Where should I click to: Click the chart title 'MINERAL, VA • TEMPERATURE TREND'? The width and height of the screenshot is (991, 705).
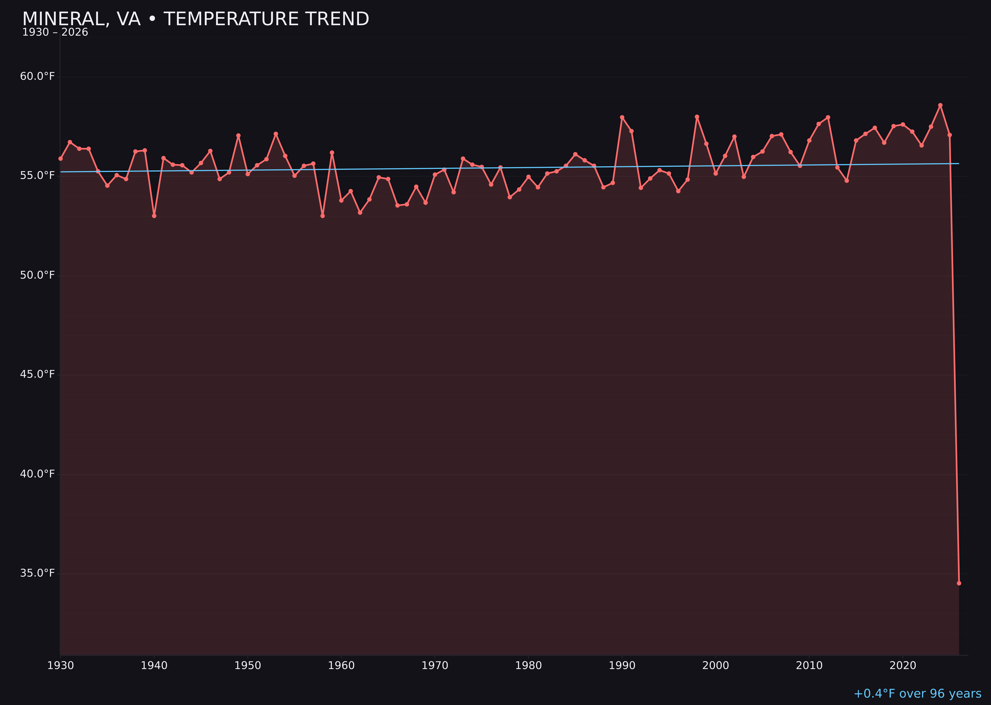195,19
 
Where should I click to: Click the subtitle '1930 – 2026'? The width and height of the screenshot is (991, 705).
55,32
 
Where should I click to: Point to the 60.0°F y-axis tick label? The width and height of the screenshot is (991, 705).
37,76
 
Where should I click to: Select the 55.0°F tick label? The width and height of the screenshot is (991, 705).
37,175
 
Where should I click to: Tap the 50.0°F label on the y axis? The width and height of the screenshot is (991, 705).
37,275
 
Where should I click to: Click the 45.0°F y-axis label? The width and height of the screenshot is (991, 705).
37,374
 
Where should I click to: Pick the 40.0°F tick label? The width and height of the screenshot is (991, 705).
37,474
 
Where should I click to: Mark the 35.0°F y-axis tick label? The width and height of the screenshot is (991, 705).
37,573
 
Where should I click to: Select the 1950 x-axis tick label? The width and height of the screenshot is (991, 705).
248,666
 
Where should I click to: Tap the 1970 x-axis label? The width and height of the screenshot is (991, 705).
435,666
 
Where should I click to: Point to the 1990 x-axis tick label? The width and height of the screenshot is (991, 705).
622,666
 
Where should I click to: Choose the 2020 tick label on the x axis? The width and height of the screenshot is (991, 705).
903,666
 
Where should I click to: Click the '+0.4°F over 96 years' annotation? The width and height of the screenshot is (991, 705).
917,694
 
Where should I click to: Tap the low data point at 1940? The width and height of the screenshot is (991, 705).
154,216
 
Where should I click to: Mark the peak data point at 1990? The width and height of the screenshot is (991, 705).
622,117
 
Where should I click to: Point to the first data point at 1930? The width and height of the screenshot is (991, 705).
60,158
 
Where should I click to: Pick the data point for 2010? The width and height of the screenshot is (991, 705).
809,141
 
